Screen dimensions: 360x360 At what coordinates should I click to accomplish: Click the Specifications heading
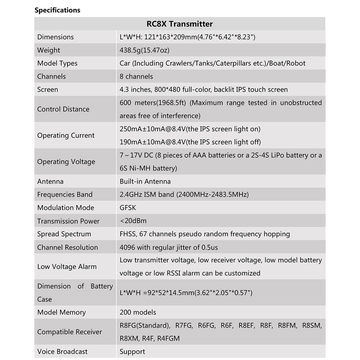tap(57, 10)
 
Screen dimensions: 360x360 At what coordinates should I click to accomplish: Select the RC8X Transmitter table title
tap(179, 24)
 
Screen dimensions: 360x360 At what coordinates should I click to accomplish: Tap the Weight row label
tap(49, 50)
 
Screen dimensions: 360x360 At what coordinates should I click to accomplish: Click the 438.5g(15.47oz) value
tap(144, 50)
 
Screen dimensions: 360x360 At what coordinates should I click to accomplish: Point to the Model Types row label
tap(57, 63)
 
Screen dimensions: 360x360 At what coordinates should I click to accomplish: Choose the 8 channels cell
tap(136, 76)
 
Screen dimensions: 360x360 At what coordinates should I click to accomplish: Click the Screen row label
tap(47, 89)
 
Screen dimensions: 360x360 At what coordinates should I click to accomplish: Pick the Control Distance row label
tap(63, 109)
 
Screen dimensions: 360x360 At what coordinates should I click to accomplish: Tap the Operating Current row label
tap(66, 135)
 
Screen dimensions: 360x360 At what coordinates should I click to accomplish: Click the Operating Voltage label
tap(66, 162)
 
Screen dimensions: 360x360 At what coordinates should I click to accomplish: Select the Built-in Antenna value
tap(145, 181)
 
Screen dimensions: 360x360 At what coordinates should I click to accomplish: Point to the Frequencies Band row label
tap(65, 194)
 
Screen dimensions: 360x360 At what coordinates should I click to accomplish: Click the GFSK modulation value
tap(128, 208)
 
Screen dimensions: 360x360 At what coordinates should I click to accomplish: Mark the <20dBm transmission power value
tap(133, 221)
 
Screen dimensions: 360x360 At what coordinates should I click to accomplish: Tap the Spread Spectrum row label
tap(64, 234)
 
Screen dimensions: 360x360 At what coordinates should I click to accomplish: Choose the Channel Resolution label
tap(67, 247)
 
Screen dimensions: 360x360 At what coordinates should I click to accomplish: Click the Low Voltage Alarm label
tap(67, 266)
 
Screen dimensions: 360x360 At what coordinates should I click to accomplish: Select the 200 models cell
tap(138, 312)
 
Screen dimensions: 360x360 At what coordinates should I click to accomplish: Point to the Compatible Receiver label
tap(70, 332)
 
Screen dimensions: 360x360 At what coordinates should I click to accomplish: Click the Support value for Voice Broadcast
tap(132, 352)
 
